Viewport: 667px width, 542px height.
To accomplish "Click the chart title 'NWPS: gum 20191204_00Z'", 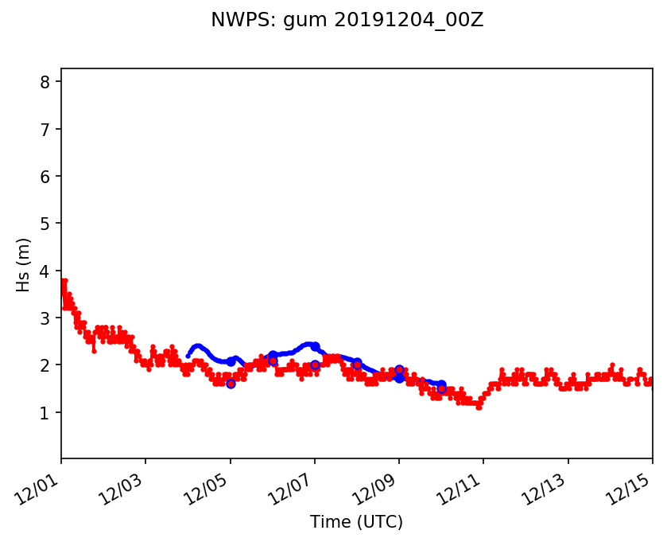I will (x=347, y=20).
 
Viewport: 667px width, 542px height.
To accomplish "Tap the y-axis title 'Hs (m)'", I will (x=25, y=264).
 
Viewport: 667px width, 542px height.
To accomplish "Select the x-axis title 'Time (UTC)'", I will (x=356, y=522).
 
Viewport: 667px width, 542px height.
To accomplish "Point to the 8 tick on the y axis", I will (x=45, y=82).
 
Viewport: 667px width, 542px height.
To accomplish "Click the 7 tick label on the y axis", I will (x=45, y=129).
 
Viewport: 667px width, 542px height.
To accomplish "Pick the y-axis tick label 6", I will (x=45, y=176).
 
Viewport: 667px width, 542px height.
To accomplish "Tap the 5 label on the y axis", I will (x=45, y=224).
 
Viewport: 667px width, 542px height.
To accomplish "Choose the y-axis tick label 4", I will (x=45, y=271).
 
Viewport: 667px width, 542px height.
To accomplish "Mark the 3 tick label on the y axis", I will (x=45, y=318).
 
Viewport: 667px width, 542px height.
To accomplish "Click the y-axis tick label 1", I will (x=45, y=412).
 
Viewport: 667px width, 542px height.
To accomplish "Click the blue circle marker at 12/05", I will (x=231, y=384).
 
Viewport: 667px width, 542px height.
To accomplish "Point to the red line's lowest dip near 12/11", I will (x=479, y=407).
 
